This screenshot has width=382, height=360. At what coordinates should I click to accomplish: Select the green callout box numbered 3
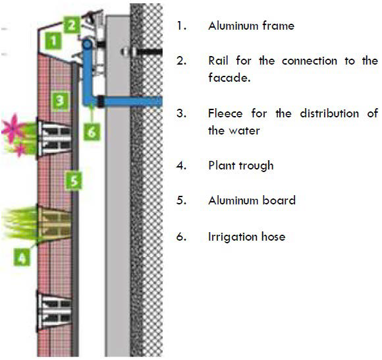tap(59, 100)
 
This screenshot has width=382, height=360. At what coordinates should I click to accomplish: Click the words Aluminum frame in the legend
tap(251, 26)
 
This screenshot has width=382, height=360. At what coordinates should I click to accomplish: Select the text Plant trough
tap(240, 165)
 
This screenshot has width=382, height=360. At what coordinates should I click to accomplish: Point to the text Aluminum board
tap(252, 200)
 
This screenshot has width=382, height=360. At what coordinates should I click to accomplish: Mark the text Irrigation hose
tap(246, 236)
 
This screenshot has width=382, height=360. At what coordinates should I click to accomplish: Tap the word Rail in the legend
tap(219, 61)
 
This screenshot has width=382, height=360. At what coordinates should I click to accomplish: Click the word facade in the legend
tap(226, 78)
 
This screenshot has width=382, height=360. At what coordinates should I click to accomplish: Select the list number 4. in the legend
tap(181, 165)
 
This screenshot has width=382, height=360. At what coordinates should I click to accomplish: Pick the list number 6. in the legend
tap(181, 236)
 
